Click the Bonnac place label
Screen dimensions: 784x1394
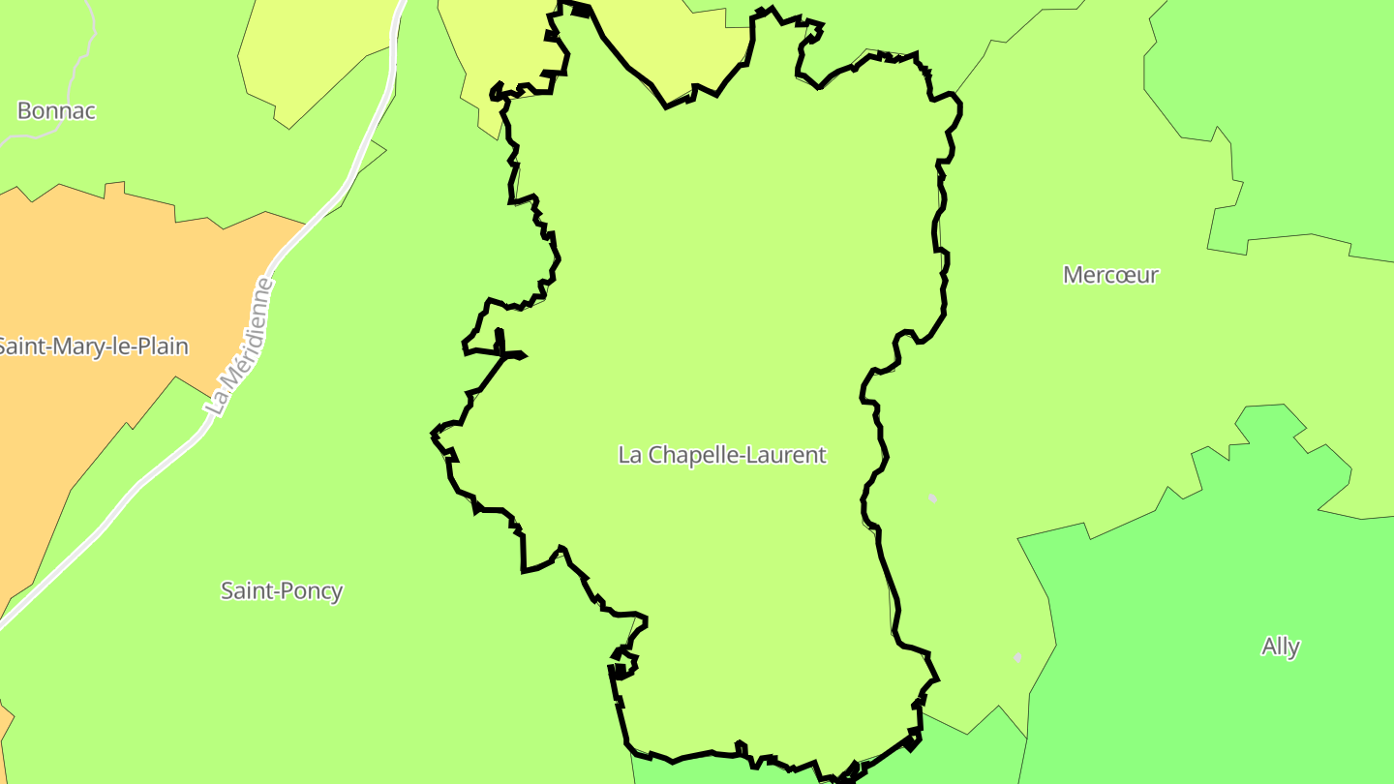point(57,110)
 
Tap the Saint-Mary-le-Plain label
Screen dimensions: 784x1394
point(93,347)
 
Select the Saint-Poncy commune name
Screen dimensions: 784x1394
point(282,590)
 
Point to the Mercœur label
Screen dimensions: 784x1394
point(1110,275)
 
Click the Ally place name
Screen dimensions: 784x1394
point(1280,647)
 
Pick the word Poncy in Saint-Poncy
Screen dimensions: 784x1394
point(312,590)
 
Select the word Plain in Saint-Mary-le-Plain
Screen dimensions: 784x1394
point(164,347)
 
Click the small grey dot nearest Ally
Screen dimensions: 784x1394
point(1017,657)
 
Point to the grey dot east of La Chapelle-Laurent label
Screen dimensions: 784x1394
point(932,498)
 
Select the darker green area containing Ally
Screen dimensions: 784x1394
point(1210,581)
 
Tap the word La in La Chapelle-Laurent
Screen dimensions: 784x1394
point(629,454)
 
